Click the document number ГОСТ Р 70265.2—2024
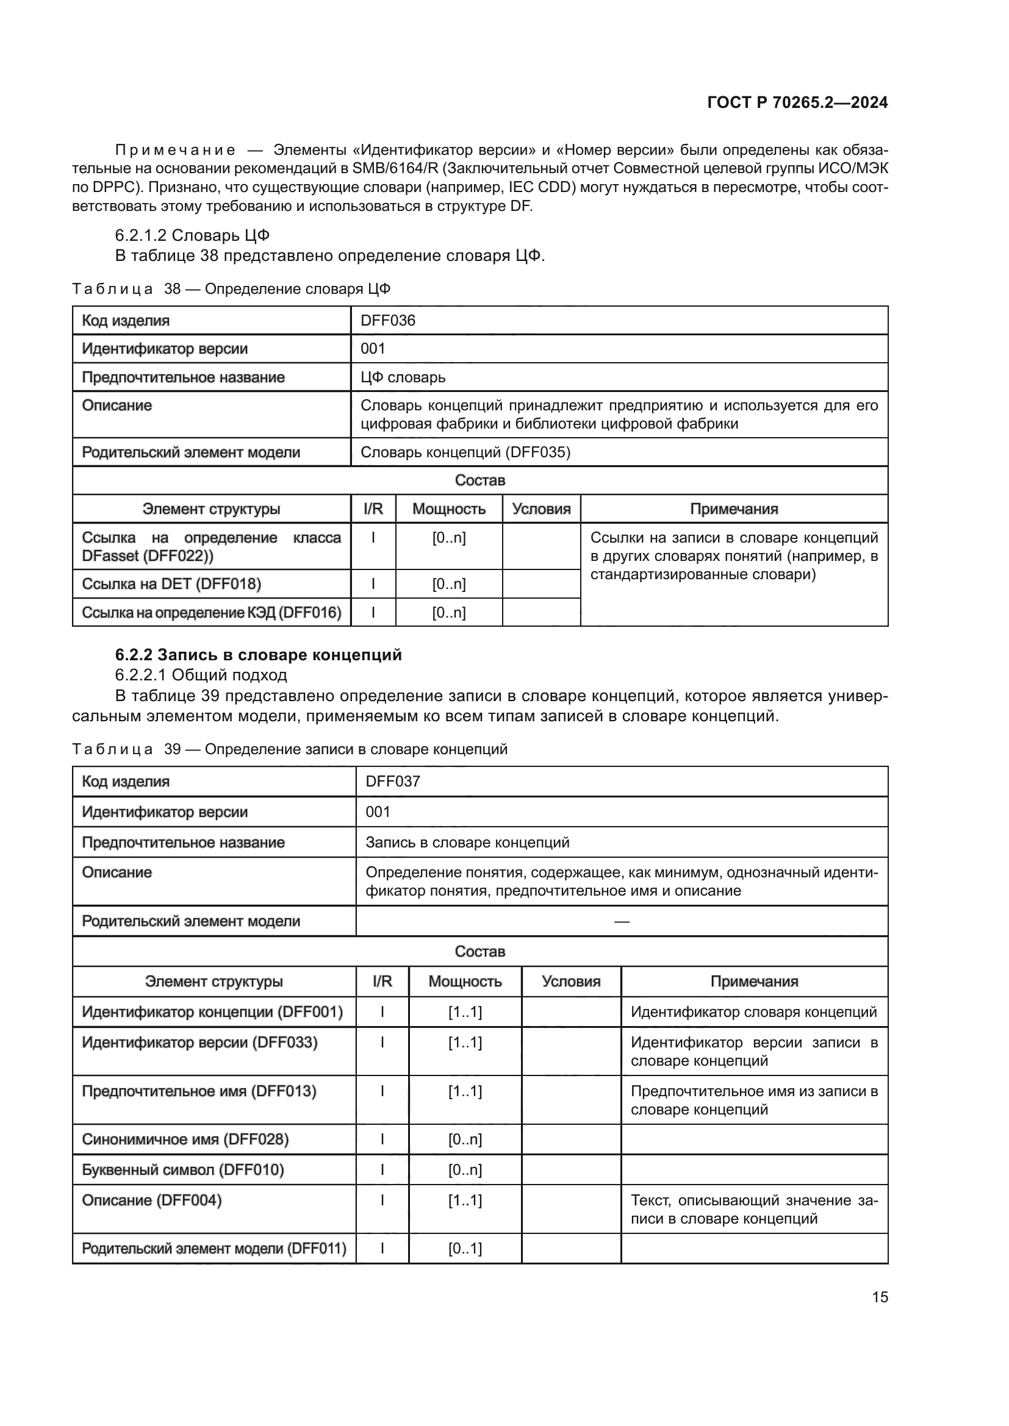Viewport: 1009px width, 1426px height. pyautogui.click(x=797, y=102)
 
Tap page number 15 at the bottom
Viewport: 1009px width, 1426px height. pyautogui.click(x=880, y=1297)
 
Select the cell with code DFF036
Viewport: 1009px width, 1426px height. pyautogui.click(x=388, y=321)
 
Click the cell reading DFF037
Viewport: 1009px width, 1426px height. pyautogui.click(x=393, y=782)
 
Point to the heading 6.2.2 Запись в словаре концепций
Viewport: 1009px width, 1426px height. pyautogui.click(x=259, y=655)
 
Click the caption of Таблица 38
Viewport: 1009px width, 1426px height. pyautogui.click(x=231, y=289)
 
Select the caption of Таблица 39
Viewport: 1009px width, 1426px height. pyautogui.click(x=290, y=749)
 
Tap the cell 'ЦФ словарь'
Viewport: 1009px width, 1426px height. pyautogui.click(x=403, y=377)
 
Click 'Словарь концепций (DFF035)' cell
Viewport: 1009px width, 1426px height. pyautogui.click(x=465, y=452)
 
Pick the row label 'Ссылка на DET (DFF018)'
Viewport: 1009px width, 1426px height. pyautogui.click(x=171, y=584)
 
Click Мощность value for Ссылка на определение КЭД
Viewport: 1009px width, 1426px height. pyautogui.click(x=448, y=612)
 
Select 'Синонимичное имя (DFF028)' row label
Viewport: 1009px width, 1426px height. pyautogui.click(x=185, y=1139)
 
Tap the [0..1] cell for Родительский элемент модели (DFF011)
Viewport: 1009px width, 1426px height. pyautogui.click(x=465, y=1249)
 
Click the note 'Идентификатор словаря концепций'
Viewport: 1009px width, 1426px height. pyautogui.click(x=753, y=1012)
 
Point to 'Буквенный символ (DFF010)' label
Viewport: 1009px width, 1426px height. pyautogui.click(x=182, y=1169)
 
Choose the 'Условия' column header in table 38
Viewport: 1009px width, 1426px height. pyautogui.click(x=541, y=508)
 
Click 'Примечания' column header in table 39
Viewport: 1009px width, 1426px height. pyautogui.click(x=753, y=982)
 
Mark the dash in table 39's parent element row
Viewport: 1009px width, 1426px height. pyautogui.click(x=621, y=922)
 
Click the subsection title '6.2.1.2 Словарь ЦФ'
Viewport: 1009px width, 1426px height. pyautogui.click(x=192, y=235)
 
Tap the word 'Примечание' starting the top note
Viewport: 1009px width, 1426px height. pyautogui.click(x=176, y=151)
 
